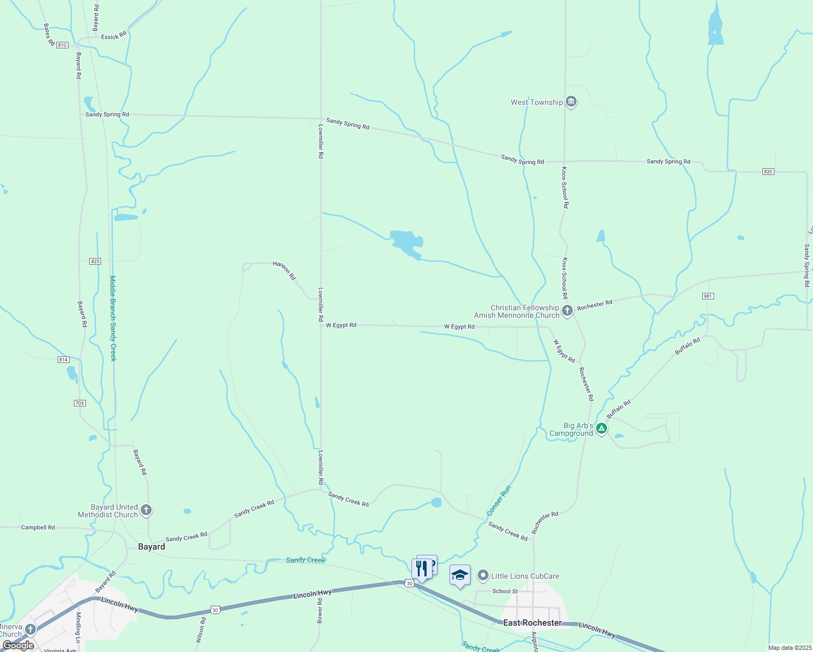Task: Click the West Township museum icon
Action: tap(571, 102)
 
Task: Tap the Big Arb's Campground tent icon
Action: tap(602, 429)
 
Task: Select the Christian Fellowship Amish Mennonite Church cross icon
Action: tap(567, 311)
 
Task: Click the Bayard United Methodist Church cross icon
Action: tap(146, 510)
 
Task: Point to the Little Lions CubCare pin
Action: tap(483, 575)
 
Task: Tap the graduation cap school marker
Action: tap(460, 575)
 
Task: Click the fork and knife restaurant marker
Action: tap(422, 569)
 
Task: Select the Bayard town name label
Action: tap(151, 547)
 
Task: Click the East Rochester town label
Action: tap(532, 623)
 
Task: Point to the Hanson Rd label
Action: tap(284, 270)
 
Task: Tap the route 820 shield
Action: tap(767, 172)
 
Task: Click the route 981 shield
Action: tap(708, 296)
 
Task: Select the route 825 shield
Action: tap(95, 261)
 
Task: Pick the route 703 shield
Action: tap(79, 403)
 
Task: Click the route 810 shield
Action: tap(62, 45)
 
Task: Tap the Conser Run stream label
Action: tap(499, 501)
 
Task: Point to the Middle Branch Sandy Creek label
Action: tap(113, 318)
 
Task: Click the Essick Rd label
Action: tap(114, 36)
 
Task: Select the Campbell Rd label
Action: tap(38, 527)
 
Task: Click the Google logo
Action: tap(18, 645)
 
